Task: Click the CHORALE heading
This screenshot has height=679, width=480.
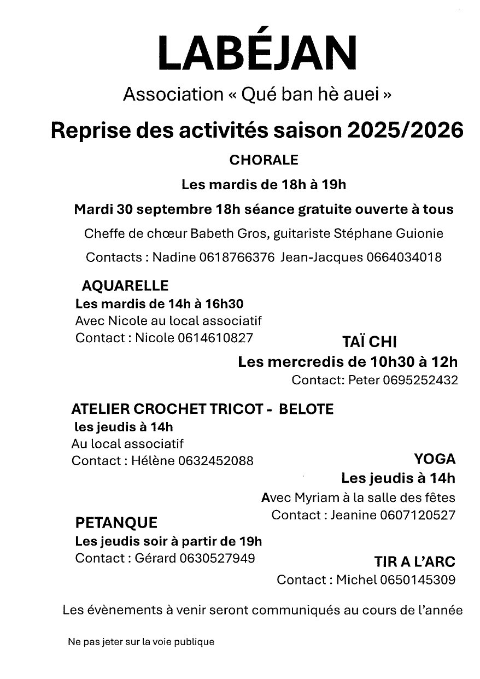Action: pyautogui.click(x=264, y=160)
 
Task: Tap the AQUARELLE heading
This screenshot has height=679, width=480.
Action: pyautogui.click(x=125, y=285)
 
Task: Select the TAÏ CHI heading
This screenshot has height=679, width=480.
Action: pyautogui.click(x=369, y=342)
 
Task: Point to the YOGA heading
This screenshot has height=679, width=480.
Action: pyautogui.click(x=435, y=458)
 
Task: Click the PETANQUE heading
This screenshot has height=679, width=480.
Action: pyautogui.click(x=116, y=523)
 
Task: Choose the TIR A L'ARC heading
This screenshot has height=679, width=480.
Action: pyautogui.click(x=414, y=561)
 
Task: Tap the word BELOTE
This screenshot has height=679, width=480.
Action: pyautogui.click(x=306, y=409)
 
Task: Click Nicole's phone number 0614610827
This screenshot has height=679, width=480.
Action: pyautogui.click(x=215, y=338)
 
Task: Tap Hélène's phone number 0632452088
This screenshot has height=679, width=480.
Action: pyautogui.click(x=215, y=461)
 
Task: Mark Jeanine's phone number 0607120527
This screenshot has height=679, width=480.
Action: pyautogui.click(x=417, y=515)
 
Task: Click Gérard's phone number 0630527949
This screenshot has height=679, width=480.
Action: pyautogui.click(x=218, y=558)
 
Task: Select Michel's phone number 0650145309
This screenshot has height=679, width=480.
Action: pyautogui.click(x=418, y=580)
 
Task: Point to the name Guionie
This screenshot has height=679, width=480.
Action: pyautogui.click(x=421, y=234)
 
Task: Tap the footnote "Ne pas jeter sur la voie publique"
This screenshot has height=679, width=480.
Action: pyautogui.click(x=141, y=642)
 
